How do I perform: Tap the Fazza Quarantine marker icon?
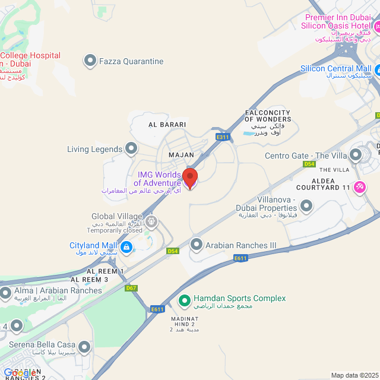90,61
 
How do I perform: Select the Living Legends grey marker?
131,148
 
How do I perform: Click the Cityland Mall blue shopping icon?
126,246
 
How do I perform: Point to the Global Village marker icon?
151,223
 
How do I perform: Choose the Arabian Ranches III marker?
197,244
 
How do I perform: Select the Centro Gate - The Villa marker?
356,156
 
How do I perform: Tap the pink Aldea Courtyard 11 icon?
359,187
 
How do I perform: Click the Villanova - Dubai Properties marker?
306,206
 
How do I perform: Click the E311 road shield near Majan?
223,137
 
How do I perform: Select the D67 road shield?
132,288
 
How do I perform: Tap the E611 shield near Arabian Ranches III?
240,258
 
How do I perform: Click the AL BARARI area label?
167,125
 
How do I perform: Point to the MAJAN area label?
182,154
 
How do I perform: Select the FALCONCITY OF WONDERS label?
268,116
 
